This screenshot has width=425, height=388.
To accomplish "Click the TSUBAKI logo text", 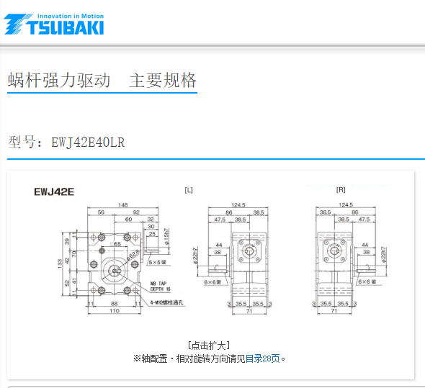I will tap(65, 27).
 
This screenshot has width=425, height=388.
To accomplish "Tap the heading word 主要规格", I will tap(163, 81).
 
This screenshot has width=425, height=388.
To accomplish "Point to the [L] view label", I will tap(188, 190).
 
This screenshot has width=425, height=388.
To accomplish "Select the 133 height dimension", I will tap(60, 263).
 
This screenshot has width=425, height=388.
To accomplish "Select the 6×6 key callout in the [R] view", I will tap(368, 281).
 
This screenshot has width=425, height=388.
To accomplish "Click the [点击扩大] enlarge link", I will tap(208, 346).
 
